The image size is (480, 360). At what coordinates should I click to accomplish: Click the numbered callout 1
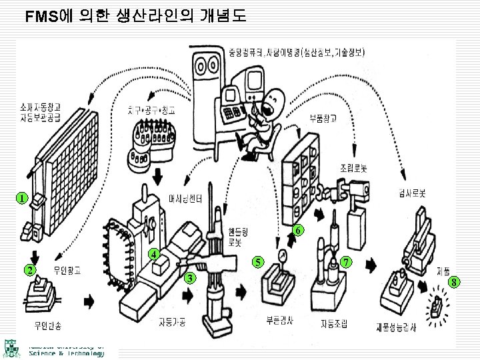[x=22, y=198]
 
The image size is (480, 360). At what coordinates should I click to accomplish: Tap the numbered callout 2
[x=29, y=270]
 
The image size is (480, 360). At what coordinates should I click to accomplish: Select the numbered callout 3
[x=191, y=277]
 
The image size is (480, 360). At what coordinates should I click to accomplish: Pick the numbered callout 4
[x=154, y=254]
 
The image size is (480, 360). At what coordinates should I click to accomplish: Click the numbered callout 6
[x=299, y=230]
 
